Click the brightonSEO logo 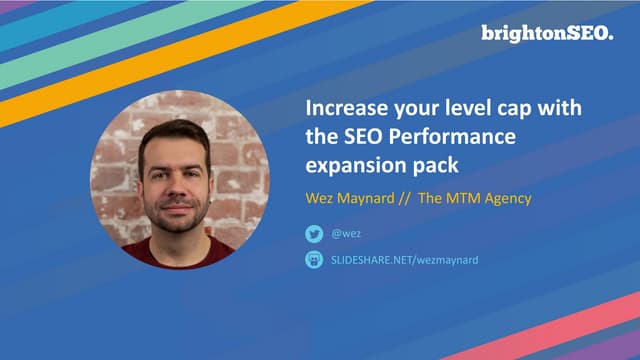tap(546, 33)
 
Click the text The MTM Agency tap(474, 197)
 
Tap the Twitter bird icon tap(314, 234)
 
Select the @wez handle tap(345, 234)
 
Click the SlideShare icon tap(314, 260)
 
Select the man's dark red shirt tap(165, 255)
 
